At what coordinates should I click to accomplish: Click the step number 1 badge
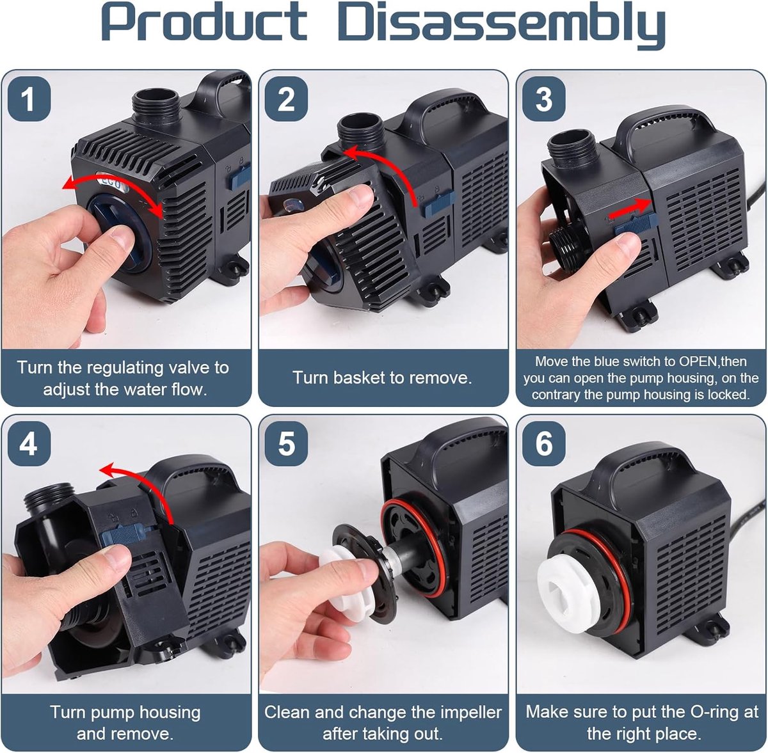click(28, 99)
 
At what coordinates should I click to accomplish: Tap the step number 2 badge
click(286, 99)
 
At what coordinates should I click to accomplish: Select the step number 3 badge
click(543, 99)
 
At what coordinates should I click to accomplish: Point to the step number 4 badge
click(28, 444)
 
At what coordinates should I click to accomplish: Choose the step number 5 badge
click(286, 444)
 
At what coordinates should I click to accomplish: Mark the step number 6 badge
click(543, 444)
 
